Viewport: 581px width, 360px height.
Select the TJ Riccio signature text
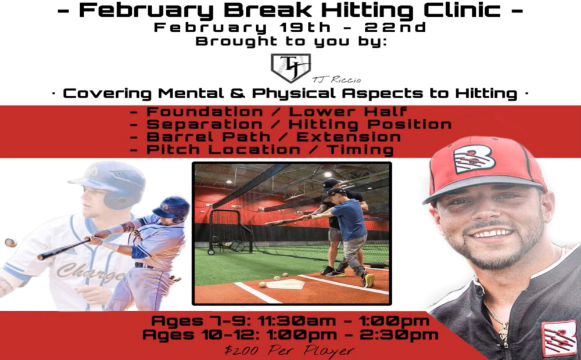(336, 80)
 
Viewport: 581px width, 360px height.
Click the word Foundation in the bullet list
(205, 111)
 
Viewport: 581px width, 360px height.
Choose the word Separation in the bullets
(204, 124)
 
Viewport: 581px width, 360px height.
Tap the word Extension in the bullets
(348, 136)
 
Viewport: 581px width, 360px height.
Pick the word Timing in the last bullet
(360, 150)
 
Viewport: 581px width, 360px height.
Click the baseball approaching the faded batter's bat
(10, 243)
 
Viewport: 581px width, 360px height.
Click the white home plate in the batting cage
(285, 284)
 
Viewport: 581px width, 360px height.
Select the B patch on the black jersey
(559, 339)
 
